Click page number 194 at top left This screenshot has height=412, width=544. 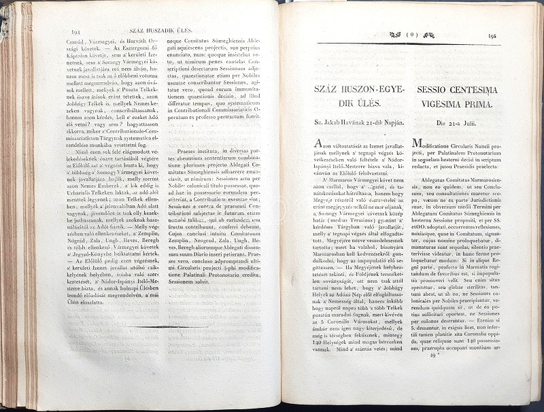pyautogui.click(x=75, y=31)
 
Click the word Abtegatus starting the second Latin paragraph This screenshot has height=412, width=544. pyautogui.click(x=434, y=182)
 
